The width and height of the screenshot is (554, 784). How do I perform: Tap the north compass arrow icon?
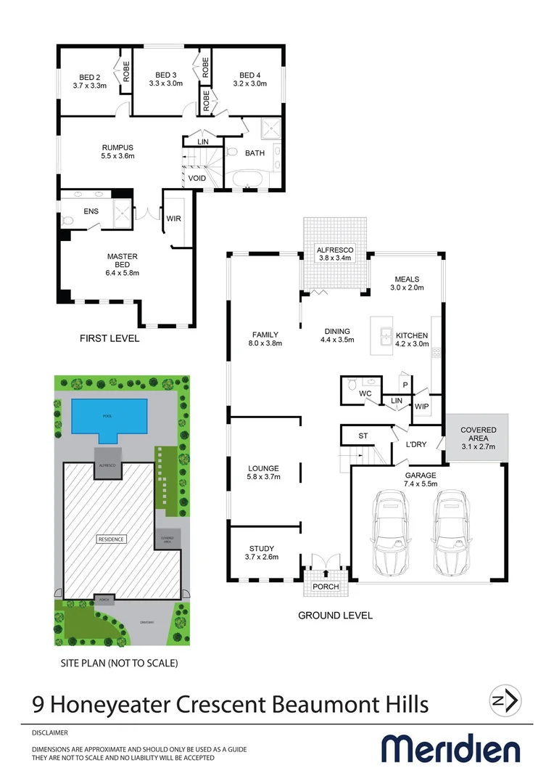505,701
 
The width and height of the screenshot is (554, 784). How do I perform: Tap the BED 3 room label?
166,75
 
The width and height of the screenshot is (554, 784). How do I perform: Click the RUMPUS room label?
117,148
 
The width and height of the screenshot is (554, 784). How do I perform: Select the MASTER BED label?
122,256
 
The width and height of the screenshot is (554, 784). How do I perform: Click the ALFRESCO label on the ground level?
334,249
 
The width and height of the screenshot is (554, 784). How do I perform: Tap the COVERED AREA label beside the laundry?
478,430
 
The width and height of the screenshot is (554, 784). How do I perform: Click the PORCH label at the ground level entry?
326,587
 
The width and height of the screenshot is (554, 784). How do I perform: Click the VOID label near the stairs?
197,178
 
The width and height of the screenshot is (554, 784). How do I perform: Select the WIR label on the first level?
174,218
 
